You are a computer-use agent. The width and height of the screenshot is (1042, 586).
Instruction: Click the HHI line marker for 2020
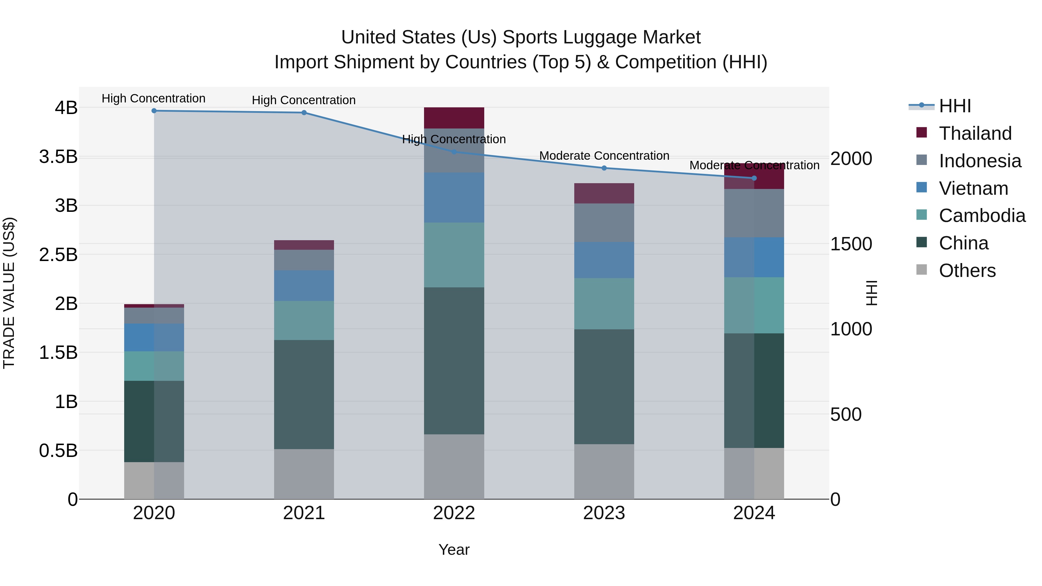click(x=154, y=111)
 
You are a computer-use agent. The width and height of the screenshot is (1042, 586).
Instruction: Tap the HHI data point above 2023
click(x=604, y=168)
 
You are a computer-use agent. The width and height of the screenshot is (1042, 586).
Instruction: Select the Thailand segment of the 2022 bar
click(x=454, y=118)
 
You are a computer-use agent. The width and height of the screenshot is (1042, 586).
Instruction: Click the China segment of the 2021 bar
click(x=304, y=394)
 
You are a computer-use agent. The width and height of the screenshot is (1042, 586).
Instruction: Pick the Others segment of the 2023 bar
click(x=604, y=472)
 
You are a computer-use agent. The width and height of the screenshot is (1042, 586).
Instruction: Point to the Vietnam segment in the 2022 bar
click(x=454, y=197)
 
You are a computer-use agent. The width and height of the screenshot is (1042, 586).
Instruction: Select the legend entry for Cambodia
click(x=982, y=216)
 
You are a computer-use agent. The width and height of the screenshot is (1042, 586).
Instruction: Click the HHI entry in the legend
click(x=955, y=106)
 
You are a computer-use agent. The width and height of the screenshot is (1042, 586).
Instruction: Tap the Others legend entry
click(x=967, y=271)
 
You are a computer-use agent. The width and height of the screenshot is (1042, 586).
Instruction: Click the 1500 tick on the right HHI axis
click(x=851, y=244)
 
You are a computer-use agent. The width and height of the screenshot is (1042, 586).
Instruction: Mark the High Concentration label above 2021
click(x=304, y=100)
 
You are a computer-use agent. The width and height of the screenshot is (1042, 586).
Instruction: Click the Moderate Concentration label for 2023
click(x=604, y=156)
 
